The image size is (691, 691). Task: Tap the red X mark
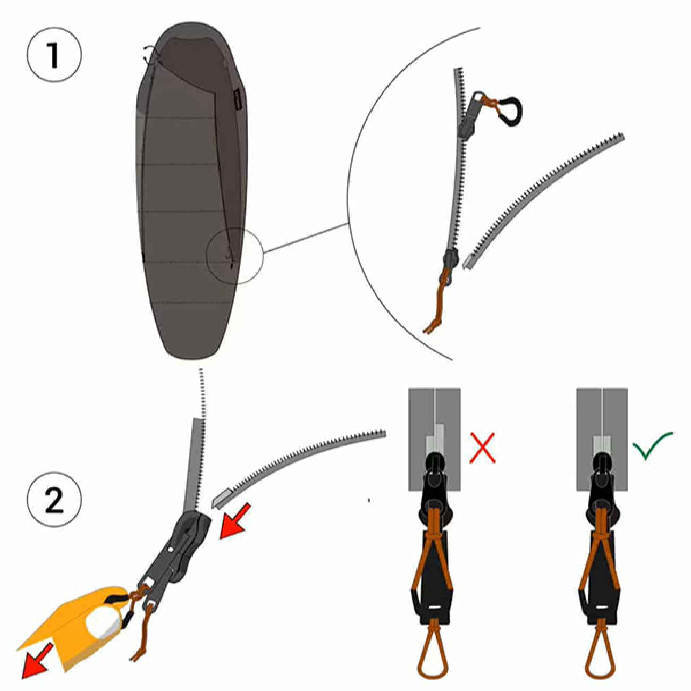[x=483, y=448]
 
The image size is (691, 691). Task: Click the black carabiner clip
[x=511, y=111]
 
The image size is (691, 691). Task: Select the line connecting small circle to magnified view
[x=306, y=238]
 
